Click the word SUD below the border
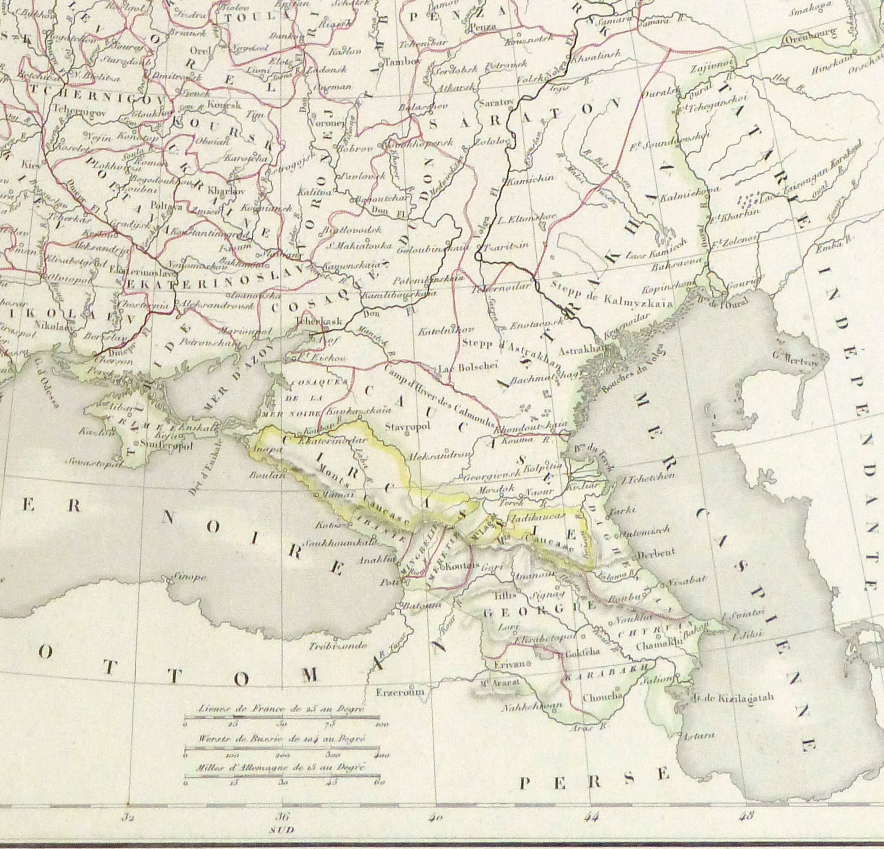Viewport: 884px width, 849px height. coord(284,830)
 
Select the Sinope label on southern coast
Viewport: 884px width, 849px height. coord(190,577)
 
